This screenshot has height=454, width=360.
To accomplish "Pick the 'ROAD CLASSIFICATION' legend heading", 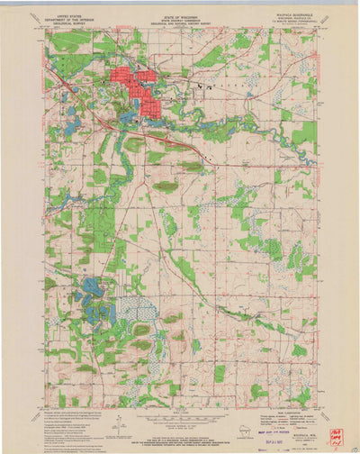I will click(279, 412).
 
